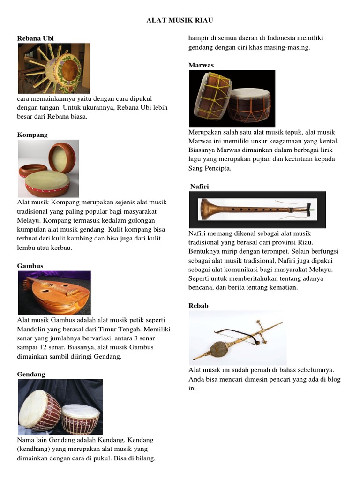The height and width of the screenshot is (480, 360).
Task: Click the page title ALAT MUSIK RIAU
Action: (x=180, y=20)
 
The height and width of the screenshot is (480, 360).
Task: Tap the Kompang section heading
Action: (x=32, y=135)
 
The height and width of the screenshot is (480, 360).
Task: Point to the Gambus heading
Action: (x=30, y=266)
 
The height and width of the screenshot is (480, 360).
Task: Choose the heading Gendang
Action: (x=31, y=374)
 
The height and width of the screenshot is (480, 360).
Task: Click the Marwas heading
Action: (x=201, y=65)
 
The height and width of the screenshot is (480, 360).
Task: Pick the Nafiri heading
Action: (x=200, y=186)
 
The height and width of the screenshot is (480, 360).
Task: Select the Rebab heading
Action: (x=198, y=305)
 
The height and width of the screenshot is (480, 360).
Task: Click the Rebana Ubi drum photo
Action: (x=53, y=68)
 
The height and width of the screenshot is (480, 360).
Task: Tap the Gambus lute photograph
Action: (x=54, y=293)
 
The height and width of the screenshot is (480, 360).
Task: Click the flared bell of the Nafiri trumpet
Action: (x=207, y=209)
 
